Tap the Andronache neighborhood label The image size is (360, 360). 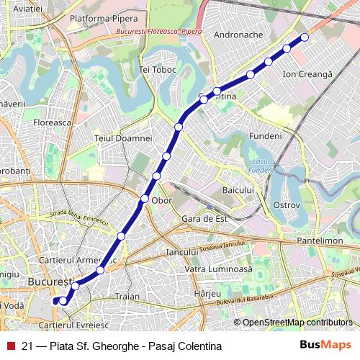click(x=239, y=33)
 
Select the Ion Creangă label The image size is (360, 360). click(x=307, y=74)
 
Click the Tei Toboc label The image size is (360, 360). click(x=157, y=70)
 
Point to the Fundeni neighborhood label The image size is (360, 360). click(x=264, y=136)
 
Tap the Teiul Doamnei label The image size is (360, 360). click(x=123, y=138)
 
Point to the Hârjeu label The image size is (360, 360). click(x=207, y=294)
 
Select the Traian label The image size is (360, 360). click(x=127, y=296)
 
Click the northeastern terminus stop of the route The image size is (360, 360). click(x=305, y=37)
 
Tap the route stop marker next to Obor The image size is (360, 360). click(x=145, y=198)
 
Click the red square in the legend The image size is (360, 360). click(x=11, y=346)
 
